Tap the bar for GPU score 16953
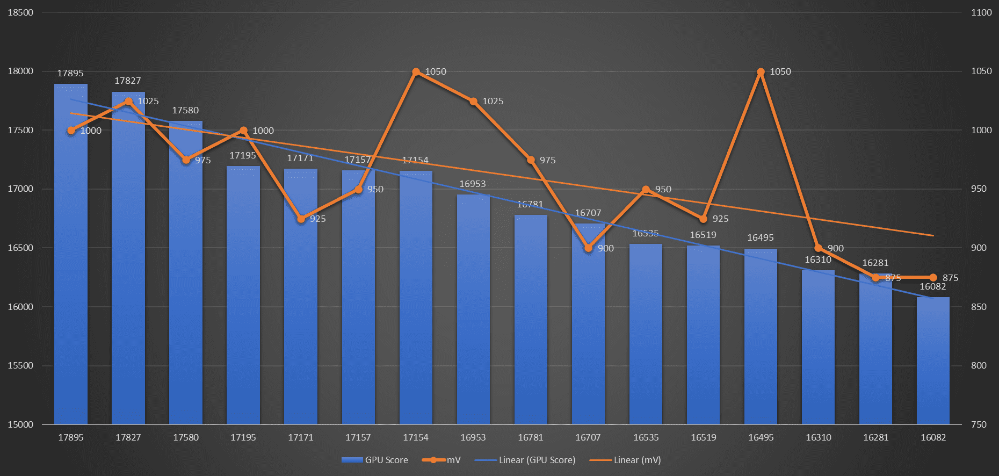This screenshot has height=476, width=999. pyautogui.click(x=473, y=312)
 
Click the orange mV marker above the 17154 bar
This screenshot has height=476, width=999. pyautogui.click(x=416, y=72)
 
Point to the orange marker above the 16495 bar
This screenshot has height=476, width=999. pyautogui.click(x=761, y=72)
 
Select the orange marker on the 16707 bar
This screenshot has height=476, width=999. pyautogui.click(x=588, y=248)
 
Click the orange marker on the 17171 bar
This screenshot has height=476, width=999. pyautogui.click(x=301, y=219)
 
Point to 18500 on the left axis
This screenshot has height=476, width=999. pyautogui.click(x=20, y=12)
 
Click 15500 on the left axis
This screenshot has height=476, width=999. pyautogui.click(x=20, y=365)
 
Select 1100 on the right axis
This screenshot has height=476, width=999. pyautogui.click(x=981, y=12)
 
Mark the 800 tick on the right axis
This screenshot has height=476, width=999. pyautogui.click(x=979, y=365)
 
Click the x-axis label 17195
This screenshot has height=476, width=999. pyautogui.click(x=243, y=437)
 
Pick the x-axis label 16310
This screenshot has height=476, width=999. pyautogui.click(x=819, y=437)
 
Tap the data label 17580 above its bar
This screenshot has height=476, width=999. pyautogui.click(x=185, y=110)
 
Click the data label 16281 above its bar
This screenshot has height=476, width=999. pyautogui.click(x=875, y=263)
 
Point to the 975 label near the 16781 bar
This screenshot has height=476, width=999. pyautogui.click(x=547, y=160)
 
